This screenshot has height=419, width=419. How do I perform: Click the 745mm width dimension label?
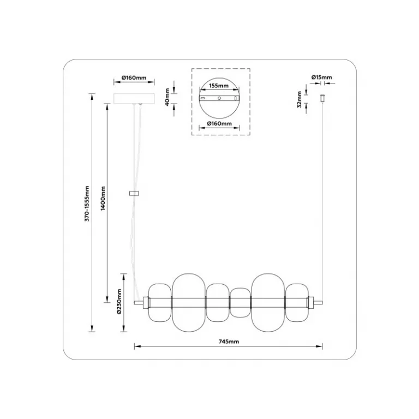coord(229,342)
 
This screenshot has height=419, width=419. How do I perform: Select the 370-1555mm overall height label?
coord(87,203)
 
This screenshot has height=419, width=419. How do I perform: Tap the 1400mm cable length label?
coord(103,198)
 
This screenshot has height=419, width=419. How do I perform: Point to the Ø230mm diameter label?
coord(119,301)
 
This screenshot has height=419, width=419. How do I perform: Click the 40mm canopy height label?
coord(167,97)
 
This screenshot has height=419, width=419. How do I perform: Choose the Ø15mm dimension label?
coord(321,77)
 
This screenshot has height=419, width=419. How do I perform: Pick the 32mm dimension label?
coord(299,99)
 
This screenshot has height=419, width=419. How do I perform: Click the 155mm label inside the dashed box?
coord(219,86)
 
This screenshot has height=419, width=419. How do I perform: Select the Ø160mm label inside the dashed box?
coord(219,124)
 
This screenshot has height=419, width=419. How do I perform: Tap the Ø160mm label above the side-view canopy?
coord(134,78)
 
